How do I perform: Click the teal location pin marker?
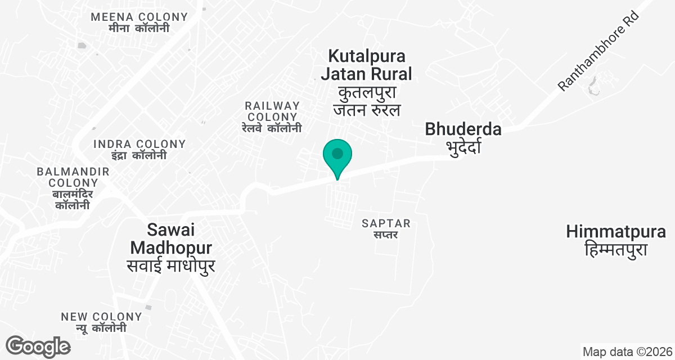click(337, 155)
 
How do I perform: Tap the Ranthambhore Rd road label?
click(600, 57)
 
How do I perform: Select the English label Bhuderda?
click(463, 129)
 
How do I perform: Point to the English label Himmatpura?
click(616, 231)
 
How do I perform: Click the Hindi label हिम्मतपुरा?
click(616, 249)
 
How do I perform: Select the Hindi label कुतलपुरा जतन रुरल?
click(366, 101)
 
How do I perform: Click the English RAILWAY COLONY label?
click(272, 111)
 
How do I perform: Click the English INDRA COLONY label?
click(139, 144)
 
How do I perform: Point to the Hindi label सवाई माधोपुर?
click(170, 265)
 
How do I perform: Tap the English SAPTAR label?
click(386, 223)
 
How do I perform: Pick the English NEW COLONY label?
click(101, 317)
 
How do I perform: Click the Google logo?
click(38, 346)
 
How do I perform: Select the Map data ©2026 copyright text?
click(627, 352)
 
